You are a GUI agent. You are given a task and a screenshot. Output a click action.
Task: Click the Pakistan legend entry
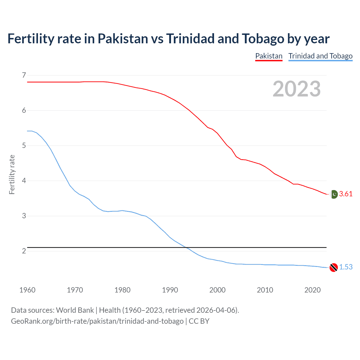(x=269, y=56)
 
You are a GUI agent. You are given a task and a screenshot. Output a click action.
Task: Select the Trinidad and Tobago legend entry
(x=320, y=56)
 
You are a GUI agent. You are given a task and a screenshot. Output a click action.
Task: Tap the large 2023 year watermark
(x=296, y=89)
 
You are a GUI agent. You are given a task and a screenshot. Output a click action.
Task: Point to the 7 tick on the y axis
(x=24, y=75)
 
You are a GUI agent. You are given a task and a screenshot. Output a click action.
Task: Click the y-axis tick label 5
(x=24, y=145)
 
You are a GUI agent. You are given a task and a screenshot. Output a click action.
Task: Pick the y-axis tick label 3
(x=24, y=216)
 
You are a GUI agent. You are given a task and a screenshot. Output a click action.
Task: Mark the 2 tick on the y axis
(x=24, y=251)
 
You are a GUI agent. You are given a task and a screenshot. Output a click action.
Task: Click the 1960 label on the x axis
(x=27, y=290)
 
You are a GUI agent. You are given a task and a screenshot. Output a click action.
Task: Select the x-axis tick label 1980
(x=122, y=290)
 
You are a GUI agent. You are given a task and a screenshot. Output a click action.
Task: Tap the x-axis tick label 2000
(x=217, y=290)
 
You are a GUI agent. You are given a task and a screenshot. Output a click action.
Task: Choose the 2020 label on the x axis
(x=312, y=290)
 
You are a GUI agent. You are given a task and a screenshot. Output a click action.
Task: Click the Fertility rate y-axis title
(x=12, y=174)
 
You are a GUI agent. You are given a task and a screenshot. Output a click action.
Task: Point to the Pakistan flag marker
(x=334, y=194)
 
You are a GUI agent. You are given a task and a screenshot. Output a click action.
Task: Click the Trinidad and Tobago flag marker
(x=334, y=267)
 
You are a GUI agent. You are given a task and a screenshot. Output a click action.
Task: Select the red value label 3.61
(x=346, y=194)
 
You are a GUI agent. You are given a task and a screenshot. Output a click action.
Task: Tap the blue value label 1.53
(x=346, y=267)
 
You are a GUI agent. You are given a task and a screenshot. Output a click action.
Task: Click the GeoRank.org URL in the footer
(x=97, y=321)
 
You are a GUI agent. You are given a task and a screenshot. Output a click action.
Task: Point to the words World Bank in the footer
(x=75, y=310)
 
